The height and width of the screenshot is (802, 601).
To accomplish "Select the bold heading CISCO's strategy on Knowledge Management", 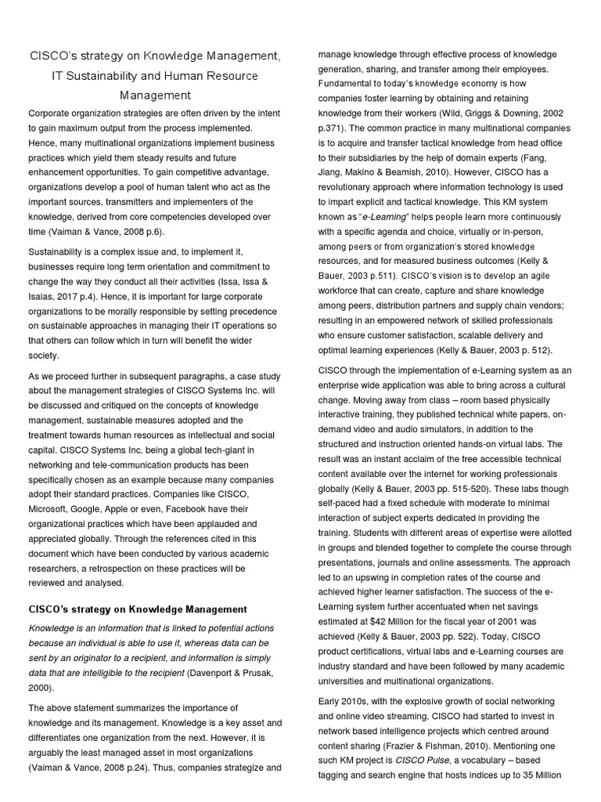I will [x=138, y=609].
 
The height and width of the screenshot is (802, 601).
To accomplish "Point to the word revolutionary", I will [x=347, y=186].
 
